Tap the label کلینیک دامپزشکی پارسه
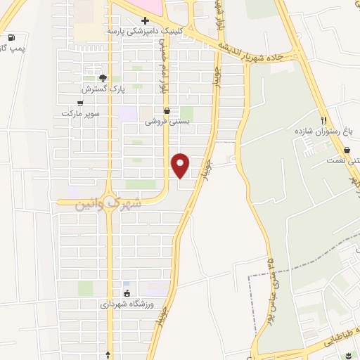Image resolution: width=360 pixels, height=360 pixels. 144,31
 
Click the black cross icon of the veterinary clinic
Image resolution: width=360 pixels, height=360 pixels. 145,21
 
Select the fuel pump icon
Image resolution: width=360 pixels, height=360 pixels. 11,37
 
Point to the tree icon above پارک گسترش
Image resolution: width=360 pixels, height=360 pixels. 103,79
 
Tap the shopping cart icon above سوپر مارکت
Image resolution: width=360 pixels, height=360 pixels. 80,103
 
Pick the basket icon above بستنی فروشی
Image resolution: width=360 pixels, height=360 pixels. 167,110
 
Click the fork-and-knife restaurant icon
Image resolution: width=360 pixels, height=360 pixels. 323,120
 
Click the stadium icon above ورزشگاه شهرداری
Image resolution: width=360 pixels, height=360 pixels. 127,294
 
